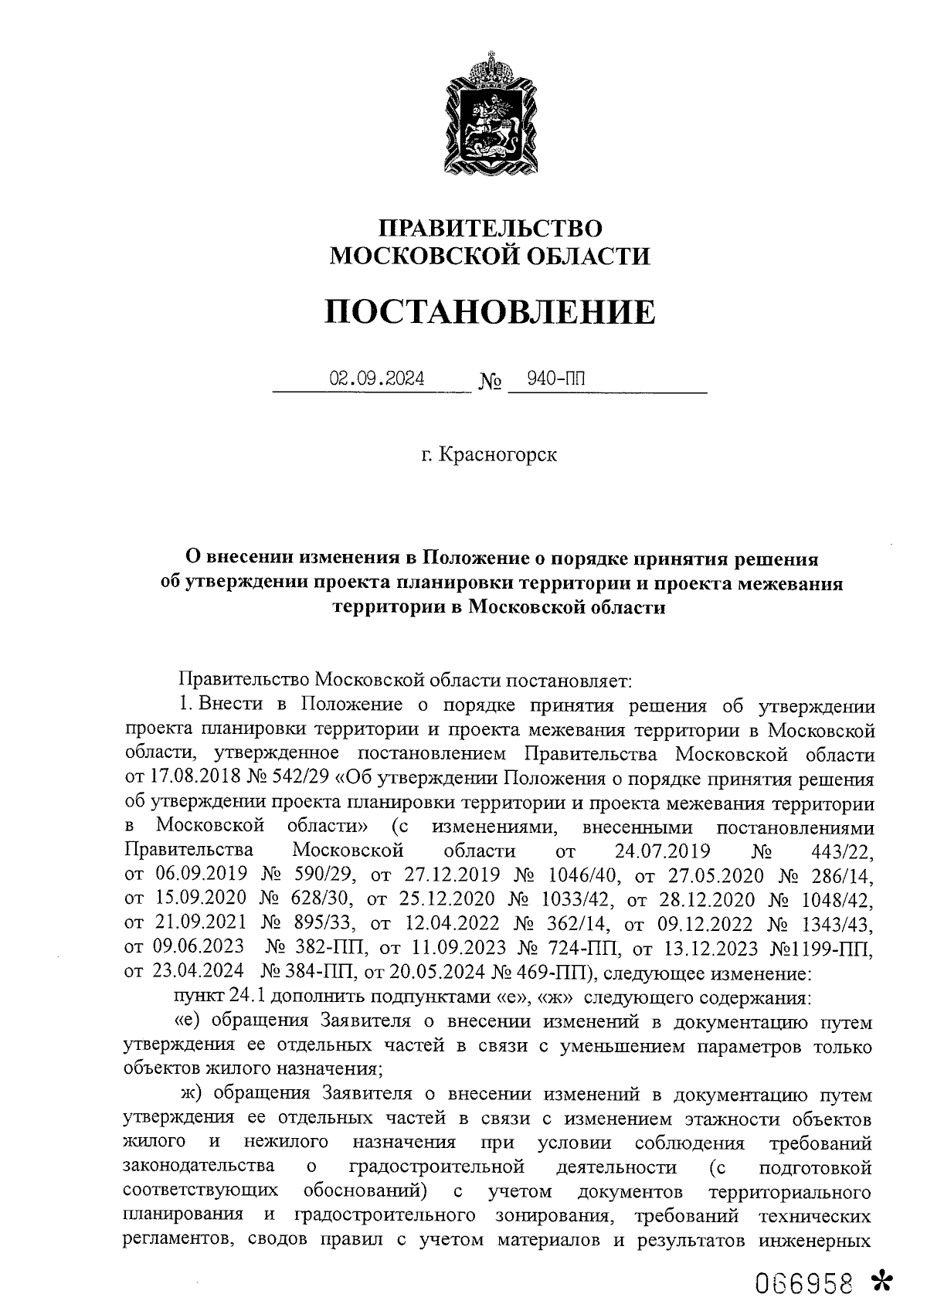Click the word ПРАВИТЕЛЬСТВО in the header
pyautogui.click(x=490, y=228)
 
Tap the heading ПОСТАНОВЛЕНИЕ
pyautogui.click(x=490, y=311)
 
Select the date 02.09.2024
pyautogui.click(x=377, y=379)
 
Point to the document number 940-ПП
pyautogui.click(x=555, y=379)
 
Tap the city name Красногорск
pyautogui.click(x=497, y=455)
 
